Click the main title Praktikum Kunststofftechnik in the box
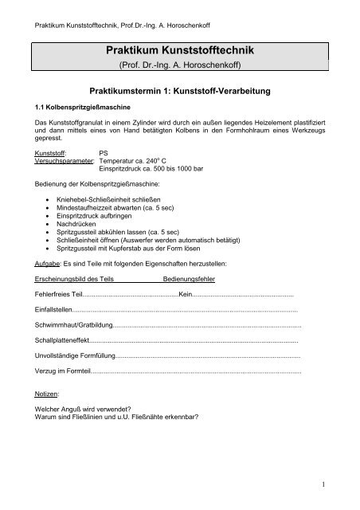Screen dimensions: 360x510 pos(179,51)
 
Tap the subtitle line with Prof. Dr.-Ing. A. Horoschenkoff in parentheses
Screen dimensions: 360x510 pos(179,65)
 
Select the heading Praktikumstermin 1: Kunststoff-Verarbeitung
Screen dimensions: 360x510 pos(180,91)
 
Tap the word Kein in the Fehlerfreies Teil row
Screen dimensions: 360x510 pos(186,295)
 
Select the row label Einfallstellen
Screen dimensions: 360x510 pos(53,310)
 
